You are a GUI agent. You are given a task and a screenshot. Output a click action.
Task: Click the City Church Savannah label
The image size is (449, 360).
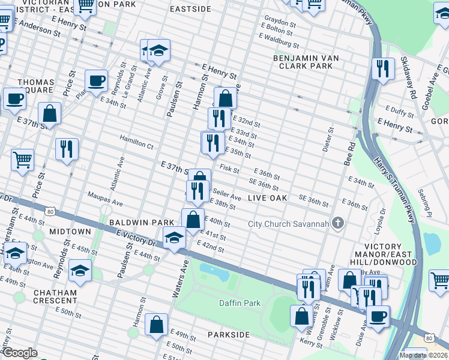[x=288, y=224]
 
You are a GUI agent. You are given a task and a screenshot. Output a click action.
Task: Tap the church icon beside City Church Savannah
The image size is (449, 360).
[x=338, y=224]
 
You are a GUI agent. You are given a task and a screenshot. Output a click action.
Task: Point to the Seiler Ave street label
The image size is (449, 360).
[x=227, y=196]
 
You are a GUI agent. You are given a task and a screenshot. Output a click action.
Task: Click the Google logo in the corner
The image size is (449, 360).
[x=20, y=353]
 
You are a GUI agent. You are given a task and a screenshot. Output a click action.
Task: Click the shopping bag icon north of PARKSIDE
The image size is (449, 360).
[x=156, y=324]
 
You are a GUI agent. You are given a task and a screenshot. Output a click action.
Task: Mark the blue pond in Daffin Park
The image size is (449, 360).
[x=216, y=272]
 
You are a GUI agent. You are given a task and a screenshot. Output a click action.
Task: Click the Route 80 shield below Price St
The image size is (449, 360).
[x=51, y=211]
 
